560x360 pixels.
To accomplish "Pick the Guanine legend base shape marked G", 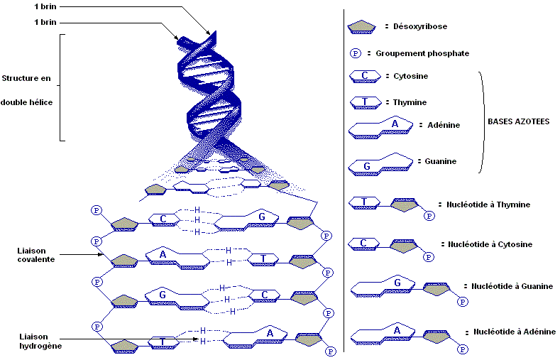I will (379, 165).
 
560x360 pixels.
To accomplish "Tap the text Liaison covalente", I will (36, 254).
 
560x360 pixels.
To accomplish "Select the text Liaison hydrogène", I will (41, 341).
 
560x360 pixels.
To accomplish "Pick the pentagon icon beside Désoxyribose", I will (362, 27).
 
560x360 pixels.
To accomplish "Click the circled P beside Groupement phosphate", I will (356, 53).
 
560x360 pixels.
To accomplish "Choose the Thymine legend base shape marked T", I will (364, 102).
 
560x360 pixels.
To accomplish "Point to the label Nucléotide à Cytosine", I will (490, 244).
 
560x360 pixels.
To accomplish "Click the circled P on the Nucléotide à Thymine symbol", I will (428, 216).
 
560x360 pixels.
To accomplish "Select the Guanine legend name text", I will (440, 161).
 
